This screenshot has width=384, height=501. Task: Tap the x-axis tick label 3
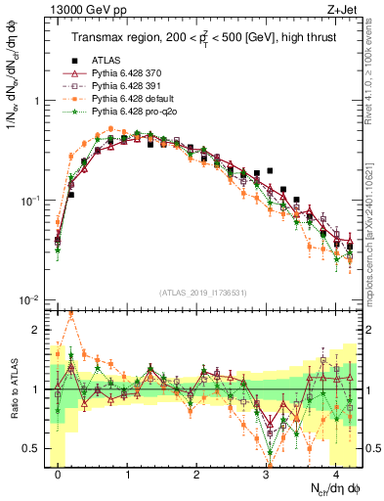click(266, 473)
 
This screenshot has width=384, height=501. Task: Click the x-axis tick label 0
click(59, 473)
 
